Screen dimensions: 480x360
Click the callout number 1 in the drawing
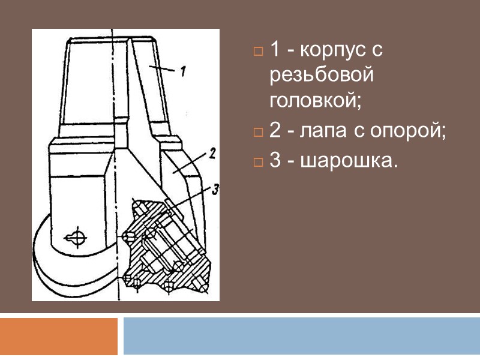coord(183,71)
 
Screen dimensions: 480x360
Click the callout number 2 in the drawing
coord(212,154)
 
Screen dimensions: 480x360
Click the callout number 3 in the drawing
coord(216,190)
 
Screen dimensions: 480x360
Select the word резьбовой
coord(322,74)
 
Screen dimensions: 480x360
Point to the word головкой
coord(316,100)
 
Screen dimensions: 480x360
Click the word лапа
coord(323,131)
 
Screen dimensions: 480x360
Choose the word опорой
coord(408,131)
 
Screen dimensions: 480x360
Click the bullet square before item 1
coord(258,51)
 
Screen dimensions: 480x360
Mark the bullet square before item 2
coord(258,133)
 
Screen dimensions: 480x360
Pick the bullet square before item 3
coord(258,162)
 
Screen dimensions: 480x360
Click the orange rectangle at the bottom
coord(58,336)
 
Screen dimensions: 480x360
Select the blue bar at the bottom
coord(302,336)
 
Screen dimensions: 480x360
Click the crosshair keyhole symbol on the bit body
coord(76,237)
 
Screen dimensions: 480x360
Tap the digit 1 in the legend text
coord(275,49)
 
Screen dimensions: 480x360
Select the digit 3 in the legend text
coord(275,160)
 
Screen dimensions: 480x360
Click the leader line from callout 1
coord(162,68)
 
